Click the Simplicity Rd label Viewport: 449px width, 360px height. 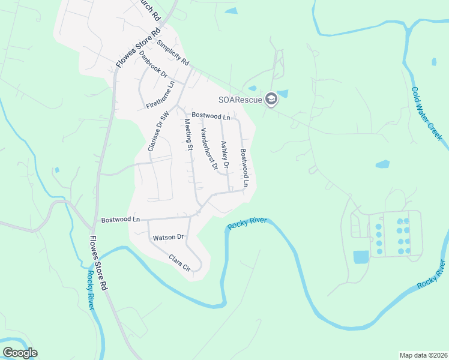pyautogui.click(x=173, y=53)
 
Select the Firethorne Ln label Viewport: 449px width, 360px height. pyautogui.click(x=160, y=95)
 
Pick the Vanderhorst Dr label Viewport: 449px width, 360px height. pyautogui.click(x=209, y=149)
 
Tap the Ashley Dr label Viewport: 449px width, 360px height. pyautogui.click(x=225, y=154)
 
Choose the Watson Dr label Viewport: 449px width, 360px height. pyautogui.click(x=167, y=238)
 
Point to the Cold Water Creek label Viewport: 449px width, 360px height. pyautogui.click(x=427, y=113)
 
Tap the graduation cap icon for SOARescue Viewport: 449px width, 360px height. pyautogui.click(x=271, y=99)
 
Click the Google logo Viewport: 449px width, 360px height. pyautogui.click(x=20, y=353)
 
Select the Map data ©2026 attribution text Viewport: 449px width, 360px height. pyautogui.click(x=424, y=355)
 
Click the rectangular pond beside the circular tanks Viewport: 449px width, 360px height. pyautogui.click(x=360, y=257)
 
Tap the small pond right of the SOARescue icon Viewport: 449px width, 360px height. pyautogui.click(x=283, y=94)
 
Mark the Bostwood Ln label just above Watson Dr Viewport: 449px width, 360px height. pyautogui.click(x=120, y=220)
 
